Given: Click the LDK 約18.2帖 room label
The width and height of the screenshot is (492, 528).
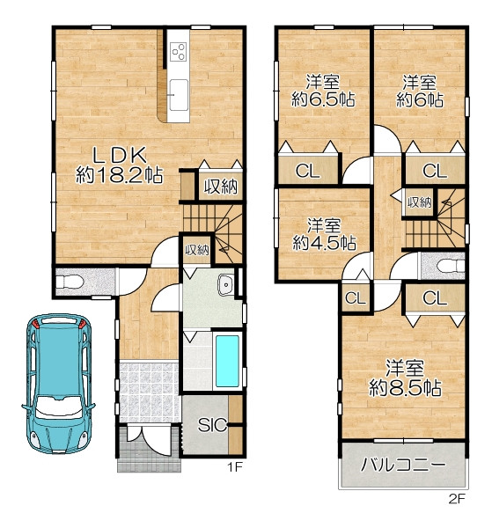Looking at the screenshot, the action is click(x=119, y=165).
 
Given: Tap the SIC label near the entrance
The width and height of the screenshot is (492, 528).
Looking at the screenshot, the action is click(x=212, y=425).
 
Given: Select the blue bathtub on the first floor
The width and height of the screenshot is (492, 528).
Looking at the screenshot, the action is click(x=227, y=361).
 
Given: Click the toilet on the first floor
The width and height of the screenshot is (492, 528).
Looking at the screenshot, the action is click(x=70, y=282).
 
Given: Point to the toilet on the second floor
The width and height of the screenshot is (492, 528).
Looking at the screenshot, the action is click(x=451, y=266).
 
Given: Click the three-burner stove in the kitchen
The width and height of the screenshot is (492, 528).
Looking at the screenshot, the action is click(x=179, y=51).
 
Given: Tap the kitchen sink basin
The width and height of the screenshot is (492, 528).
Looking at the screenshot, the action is click(x=179, y=95).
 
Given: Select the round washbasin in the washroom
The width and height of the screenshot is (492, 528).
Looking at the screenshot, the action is click(x=225, y=285).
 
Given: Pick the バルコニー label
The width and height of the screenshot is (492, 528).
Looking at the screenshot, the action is click(x=403, y=466).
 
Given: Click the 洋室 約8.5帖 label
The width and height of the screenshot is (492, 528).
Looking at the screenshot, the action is click(x=405, y=378).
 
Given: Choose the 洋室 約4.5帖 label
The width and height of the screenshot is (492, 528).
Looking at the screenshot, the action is click(x=324, y=235).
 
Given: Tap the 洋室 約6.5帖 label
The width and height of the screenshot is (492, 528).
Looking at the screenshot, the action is click(x=323, y=91).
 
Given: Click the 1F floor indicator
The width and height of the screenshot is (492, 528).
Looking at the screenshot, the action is click(x=234, y=467).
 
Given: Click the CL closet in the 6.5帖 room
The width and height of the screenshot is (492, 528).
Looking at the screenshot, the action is click(x=308, y=171).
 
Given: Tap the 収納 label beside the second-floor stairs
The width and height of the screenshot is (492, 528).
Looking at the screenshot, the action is click(x=419, y=202).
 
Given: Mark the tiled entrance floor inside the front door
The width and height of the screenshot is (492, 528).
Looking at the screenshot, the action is click(x=149, y=392).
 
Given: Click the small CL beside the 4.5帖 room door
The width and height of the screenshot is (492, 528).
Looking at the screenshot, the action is click(x=356, y=297).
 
